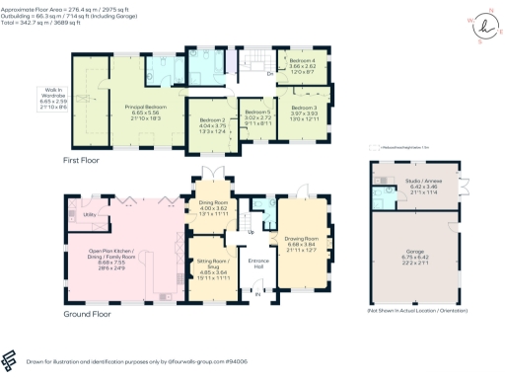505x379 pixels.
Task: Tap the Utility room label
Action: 88,213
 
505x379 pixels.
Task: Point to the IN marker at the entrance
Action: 258,293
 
